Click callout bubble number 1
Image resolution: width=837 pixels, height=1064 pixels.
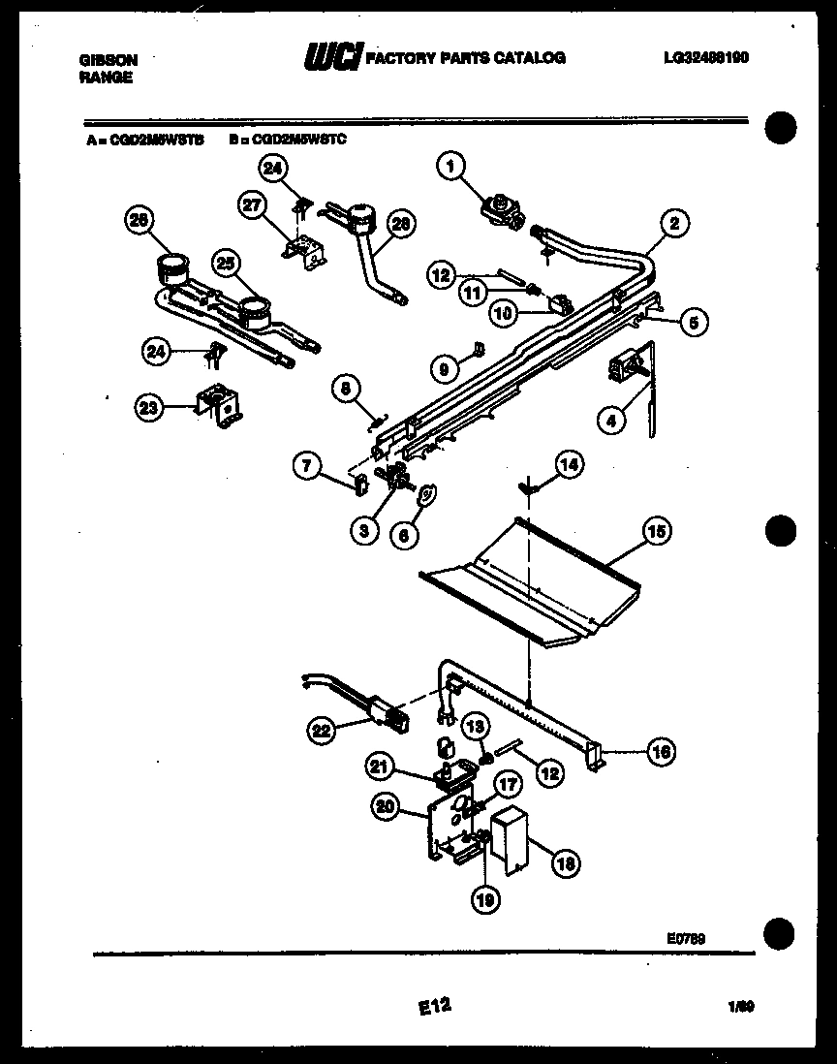coord(448,167)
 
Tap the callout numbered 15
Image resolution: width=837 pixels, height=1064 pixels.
coord(656,532)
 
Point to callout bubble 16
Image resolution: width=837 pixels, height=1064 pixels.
coord(661,749)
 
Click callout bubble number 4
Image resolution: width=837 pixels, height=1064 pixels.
coord(609,422)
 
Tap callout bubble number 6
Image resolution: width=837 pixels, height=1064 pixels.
coord(405,532)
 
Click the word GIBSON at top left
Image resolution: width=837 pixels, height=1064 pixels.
coord(108,60)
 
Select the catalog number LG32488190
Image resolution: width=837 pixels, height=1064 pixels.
coord(705,58)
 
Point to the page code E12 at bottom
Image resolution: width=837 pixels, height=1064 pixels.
coord(436,1007)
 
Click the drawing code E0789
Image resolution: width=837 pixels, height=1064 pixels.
coord(686,936)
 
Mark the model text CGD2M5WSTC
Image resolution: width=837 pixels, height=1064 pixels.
coord(288,140)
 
